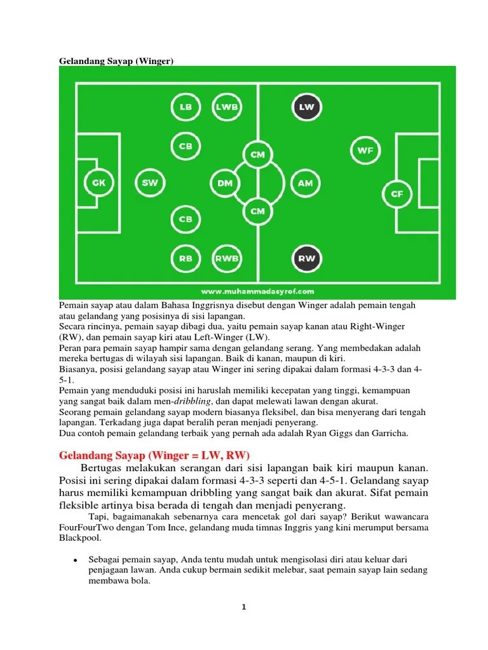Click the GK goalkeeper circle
98,182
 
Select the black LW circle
307,107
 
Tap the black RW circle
307,258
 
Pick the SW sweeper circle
150,182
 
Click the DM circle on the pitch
225,183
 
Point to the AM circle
306,183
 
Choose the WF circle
365,150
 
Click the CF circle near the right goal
396,194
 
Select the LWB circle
227,107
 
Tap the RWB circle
227,258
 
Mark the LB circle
186,107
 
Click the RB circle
186,258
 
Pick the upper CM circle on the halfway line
258,154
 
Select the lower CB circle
186,219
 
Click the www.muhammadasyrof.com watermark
257,291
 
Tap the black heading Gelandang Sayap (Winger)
116,61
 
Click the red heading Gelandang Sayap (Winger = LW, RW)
154,456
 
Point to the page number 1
244,607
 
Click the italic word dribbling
192,401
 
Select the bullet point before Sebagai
75,560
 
